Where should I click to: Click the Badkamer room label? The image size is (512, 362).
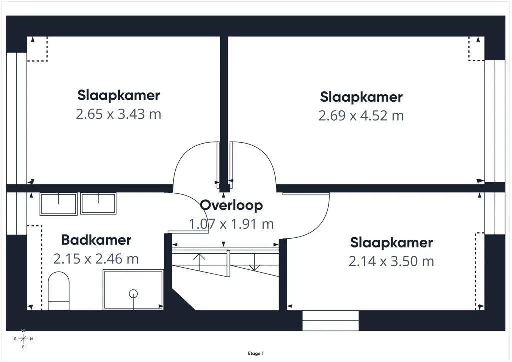(x=96, y=240)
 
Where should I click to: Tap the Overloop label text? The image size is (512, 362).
(x=231, y=205)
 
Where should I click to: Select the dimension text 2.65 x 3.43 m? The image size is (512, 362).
(x=119, y=114)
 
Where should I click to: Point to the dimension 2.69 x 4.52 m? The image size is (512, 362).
(x=361, y=116)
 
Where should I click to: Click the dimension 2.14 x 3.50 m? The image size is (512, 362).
(x=391, y=262)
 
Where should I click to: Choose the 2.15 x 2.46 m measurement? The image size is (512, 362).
(x=96, y=259)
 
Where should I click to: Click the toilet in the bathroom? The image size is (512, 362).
(x=59, y=291)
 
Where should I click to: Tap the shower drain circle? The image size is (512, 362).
(x=133, y=294)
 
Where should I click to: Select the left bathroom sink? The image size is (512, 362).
(x=59, y=204)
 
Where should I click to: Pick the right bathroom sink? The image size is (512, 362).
(x=98, y=203)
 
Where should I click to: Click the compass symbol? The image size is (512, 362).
(x=23, y=339)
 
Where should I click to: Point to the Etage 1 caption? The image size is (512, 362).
(x=256, y=353)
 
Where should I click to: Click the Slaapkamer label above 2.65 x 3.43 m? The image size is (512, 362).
(x=119, y=95)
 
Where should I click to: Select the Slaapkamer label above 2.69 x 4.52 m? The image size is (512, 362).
(x=361, y=97)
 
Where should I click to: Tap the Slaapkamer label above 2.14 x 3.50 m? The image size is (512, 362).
(x=391, y=243)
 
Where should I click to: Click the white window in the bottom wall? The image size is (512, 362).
(x=331, y=321)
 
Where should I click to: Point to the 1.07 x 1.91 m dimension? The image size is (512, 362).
(x=231, y=224)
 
